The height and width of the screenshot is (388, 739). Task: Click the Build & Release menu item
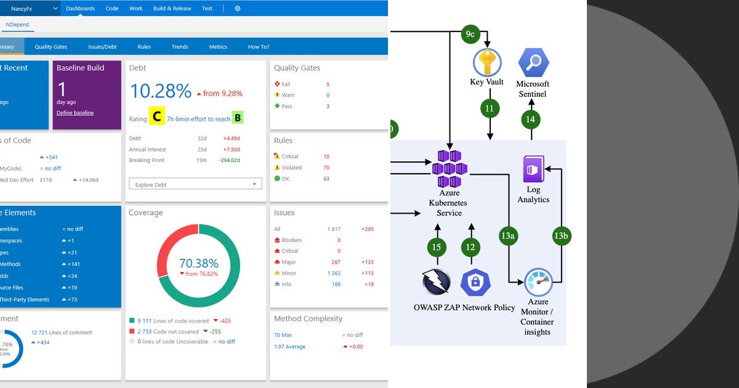(172, 9)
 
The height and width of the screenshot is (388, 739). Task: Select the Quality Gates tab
(51, 47)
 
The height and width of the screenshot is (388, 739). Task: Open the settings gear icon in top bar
(238, 9)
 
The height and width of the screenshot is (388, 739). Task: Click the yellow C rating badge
(156, 117)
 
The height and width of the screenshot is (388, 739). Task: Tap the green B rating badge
(237, 118)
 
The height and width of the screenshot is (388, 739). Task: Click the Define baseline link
(75, 113)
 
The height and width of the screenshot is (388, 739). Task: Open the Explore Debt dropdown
(195, 184)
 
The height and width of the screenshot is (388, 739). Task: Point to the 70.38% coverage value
(198, 264)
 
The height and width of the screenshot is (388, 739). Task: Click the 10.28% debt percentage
(161, 91)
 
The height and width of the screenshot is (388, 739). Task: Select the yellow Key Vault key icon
(487, 62)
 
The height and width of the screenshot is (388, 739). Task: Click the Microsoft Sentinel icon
(533, 62)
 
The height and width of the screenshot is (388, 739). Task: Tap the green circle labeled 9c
(470, 33)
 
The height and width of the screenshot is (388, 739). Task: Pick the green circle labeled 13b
(560, 236)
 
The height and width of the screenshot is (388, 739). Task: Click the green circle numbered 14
(531, 119)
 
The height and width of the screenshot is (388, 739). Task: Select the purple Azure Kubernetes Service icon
(449, 169)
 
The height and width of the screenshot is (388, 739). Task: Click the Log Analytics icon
(533, 169)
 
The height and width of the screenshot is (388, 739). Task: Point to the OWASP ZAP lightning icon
(436, 283)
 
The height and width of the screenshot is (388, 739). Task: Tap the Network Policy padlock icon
(475, 283)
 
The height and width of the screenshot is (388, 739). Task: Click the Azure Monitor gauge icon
(538, 283)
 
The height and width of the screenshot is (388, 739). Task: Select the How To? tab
(259, 47)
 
